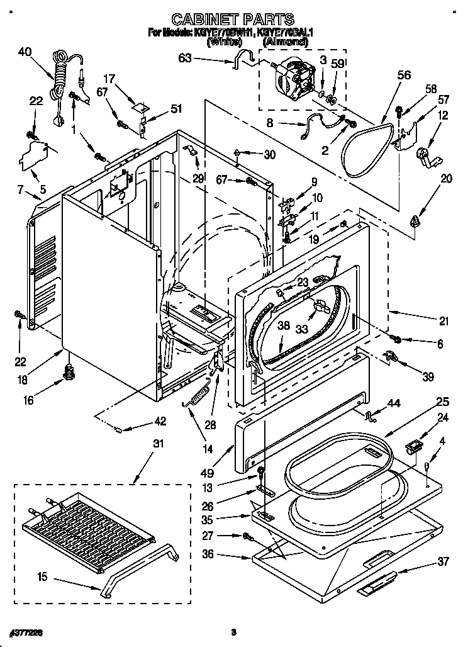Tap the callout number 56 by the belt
click(x=404, y=75)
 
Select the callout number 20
click(x=447, y=178)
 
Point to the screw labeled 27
click(x=247, y=536)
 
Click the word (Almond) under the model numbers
click(x=285, y=42)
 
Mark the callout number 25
click(x=442, y=400)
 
